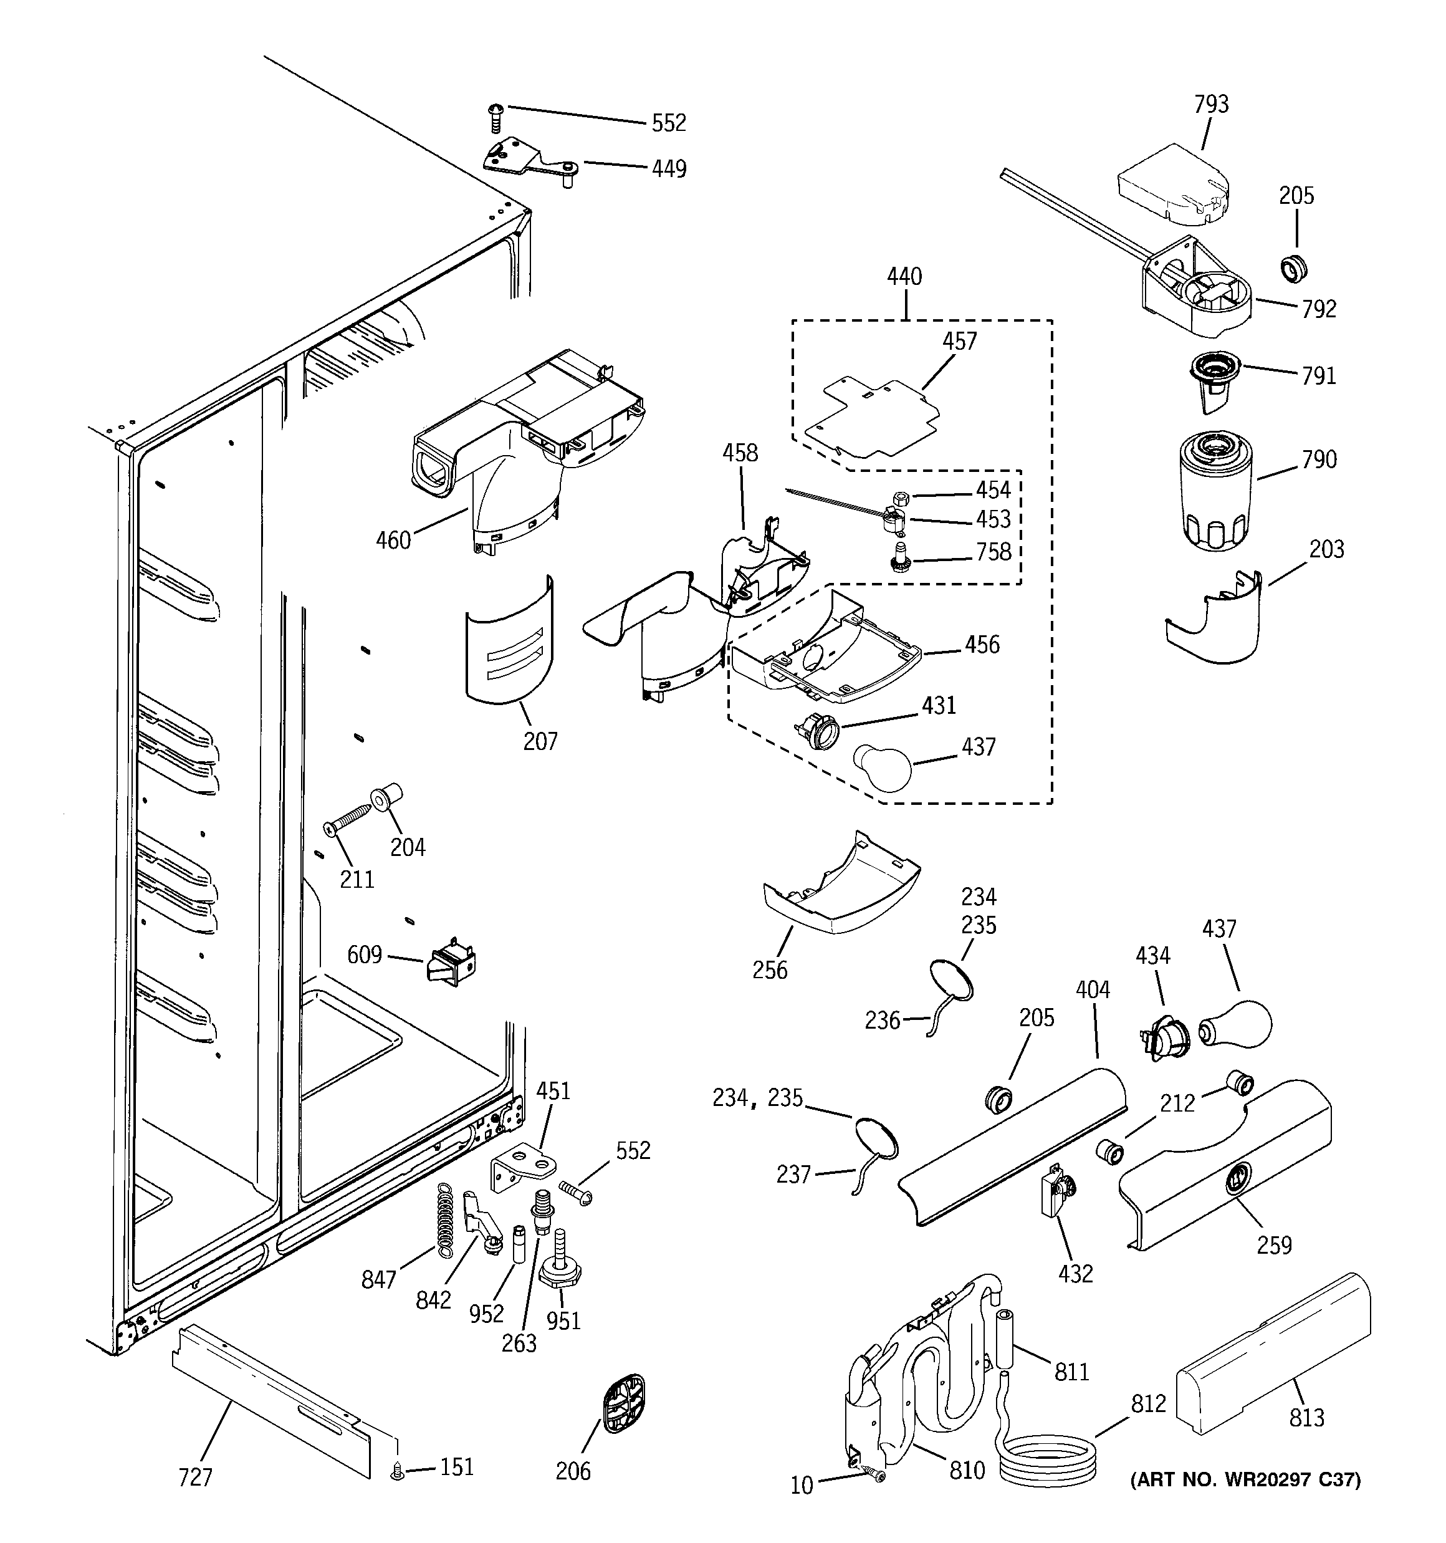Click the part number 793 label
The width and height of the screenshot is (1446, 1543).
1211,104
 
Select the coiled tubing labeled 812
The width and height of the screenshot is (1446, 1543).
1047,1463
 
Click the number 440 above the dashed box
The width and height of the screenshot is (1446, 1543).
904,276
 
